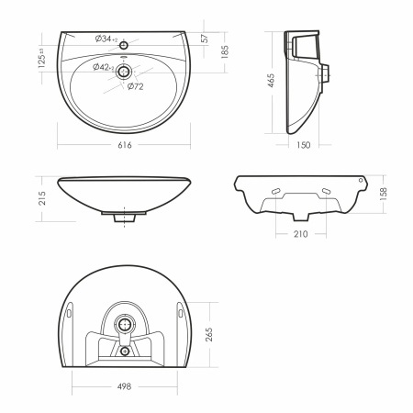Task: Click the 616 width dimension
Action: click(x=125, y=145)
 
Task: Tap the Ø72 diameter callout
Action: click(x=135, y=86)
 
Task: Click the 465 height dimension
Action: click(x=271, y=80)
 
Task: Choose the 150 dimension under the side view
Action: click(x=303, y=145)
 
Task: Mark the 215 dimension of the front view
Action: click(x=42, y=198)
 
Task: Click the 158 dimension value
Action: click(x=383, y=194)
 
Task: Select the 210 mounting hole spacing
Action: click(x=300, y=234)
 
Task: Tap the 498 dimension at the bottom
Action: click(x=124, y=386)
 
